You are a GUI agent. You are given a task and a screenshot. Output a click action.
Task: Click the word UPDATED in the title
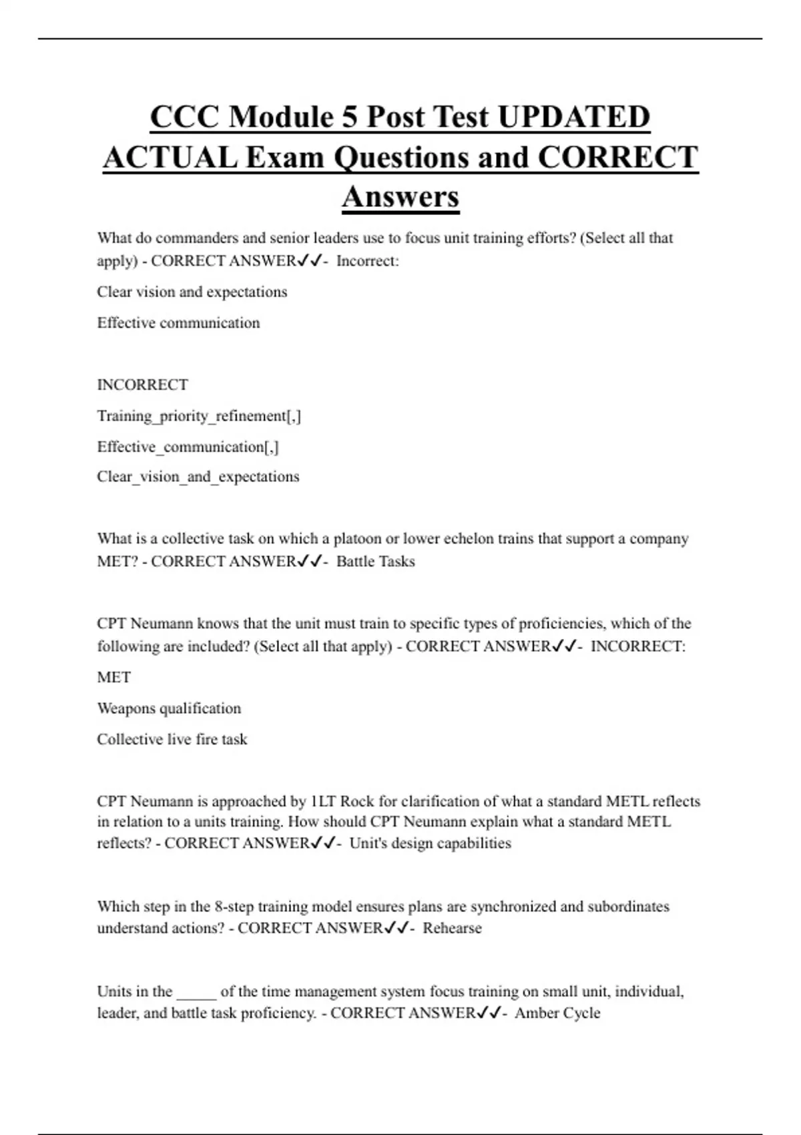click(x=574, y=117)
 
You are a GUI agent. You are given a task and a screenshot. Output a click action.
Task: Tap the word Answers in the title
click(x=400, y=197)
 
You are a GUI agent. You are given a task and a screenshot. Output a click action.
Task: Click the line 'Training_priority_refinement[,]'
click(x=199, y=416)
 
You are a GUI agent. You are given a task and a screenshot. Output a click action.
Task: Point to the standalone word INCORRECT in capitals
click(x=142, y=385)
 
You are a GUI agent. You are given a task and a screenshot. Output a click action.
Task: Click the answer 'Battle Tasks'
click(x=375, y=561)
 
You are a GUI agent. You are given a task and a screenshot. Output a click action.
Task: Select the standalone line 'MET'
click(x=113, y=677)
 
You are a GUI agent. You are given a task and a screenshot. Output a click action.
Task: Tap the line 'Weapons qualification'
click(x=169, y=708)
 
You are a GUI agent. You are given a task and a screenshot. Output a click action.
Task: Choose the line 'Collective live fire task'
click(x=172, y=739)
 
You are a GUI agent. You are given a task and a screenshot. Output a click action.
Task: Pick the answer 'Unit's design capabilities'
click(x=430, y=843)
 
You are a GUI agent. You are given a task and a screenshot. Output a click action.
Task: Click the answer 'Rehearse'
click(x=452, y=928)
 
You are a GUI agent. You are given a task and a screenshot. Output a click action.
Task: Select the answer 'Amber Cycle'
click(x=557, y=1013)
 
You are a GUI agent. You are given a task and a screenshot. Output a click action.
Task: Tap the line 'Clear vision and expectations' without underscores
click(x=192, y=292)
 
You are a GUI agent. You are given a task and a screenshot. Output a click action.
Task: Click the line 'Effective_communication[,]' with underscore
click(x=188, y=447)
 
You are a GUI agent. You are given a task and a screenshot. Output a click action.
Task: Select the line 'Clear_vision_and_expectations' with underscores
click(x=198, y=477)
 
